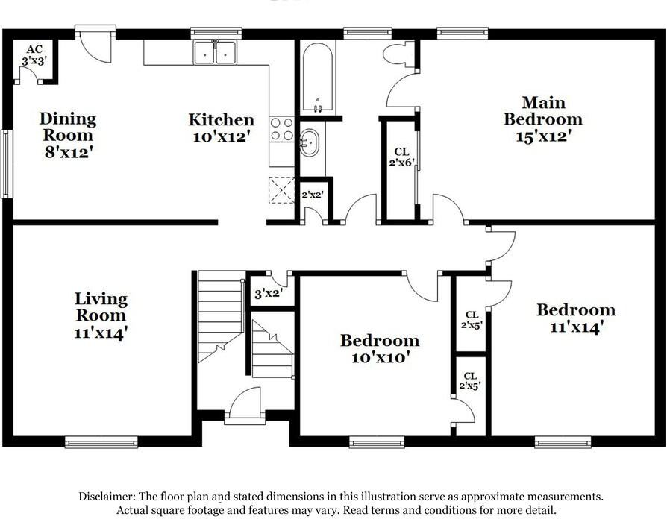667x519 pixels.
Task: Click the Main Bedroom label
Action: (542, 119)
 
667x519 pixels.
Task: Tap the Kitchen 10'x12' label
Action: (221, 128)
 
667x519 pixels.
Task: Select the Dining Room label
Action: (68, 135)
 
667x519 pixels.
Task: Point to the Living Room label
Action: (101, 315)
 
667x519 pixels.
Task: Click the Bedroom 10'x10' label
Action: (380, 348)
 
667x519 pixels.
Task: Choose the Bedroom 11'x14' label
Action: (576, 318)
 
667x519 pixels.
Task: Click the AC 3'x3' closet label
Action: (34, 56)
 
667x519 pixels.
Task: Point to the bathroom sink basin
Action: (310, 142)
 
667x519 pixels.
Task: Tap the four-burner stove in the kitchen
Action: (281, 130)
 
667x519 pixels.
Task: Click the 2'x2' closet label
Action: (311, 195)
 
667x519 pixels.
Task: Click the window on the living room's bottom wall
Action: (101, 441)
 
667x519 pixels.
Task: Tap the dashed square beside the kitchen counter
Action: (281, 189)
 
